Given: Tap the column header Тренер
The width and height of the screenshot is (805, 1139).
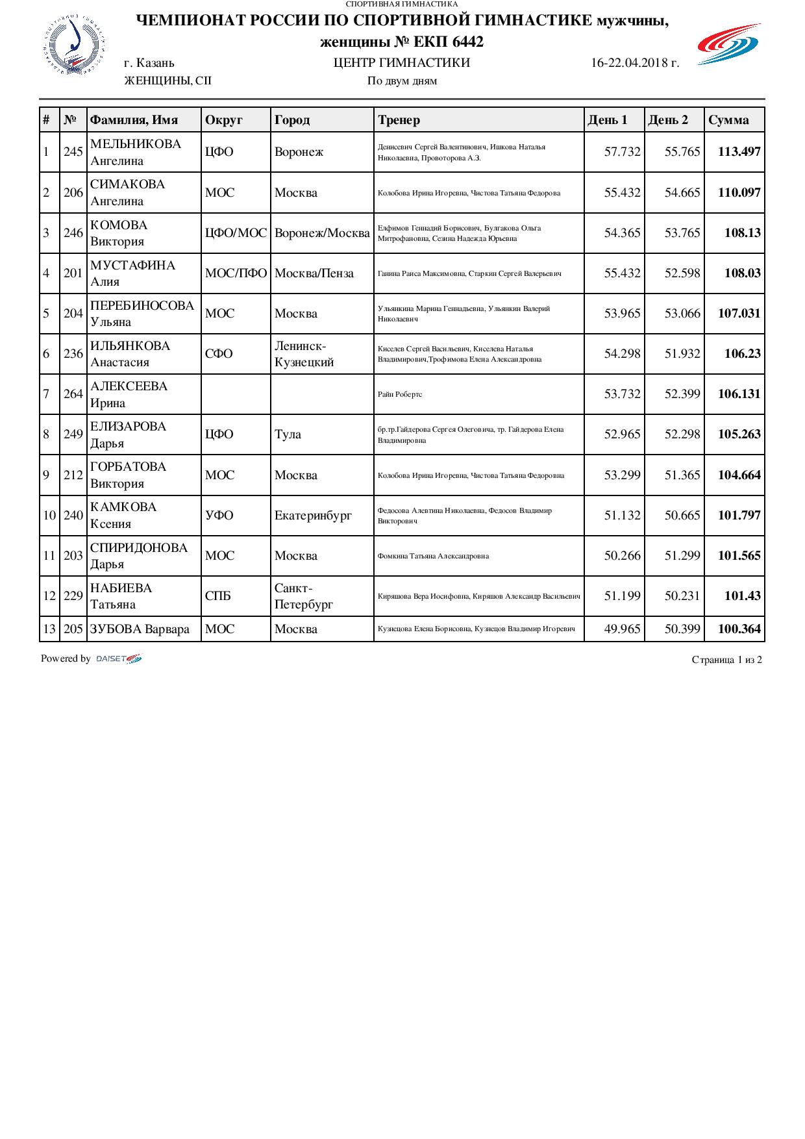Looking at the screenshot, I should [x=399, y=120].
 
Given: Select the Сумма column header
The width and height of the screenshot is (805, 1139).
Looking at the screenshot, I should [x=728, y=120].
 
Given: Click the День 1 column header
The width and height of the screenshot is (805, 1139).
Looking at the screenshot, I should [x=608, y=120].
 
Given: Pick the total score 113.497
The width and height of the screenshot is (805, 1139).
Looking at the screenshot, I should [x=739, y=152].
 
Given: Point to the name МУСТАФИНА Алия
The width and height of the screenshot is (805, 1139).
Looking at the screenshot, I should [x=132, y=273].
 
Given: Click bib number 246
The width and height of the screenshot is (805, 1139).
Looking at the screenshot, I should [x=73, y=232].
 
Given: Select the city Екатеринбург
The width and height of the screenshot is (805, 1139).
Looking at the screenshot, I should [x=313, y=516].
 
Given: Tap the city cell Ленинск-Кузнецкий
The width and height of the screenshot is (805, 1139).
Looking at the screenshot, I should [x=304, y=354].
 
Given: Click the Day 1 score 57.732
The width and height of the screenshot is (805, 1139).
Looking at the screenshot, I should [x=622, y=152].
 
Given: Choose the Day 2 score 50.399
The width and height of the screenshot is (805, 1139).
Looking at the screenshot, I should [x=682, y=629].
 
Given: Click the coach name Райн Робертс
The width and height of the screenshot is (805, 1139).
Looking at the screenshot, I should [x=400, y=395].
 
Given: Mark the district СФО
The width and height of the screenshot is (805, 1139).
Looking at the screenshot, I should [x=219, y=354].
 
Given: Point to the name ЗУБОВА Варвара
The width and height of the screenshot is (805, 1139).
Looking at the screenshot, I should [x=140, y=629].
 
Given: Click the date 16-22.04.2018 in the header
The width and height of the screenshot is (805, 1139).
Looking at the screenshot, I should [x=635, y=63].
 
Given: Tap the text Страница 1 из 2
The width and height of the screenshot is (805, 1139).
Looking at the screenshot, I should [x=726, y=660].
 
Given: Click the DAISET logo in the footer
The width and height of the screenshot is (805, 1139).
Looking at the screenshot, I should [x=118, y=659].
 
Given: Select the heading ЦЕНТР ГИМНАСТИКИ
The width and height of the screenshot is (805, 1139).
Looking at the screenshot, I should [x=401, y=63].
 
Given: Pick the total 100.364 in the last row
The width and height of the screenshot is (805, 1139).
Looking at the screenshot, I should [x=739, y=629].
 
